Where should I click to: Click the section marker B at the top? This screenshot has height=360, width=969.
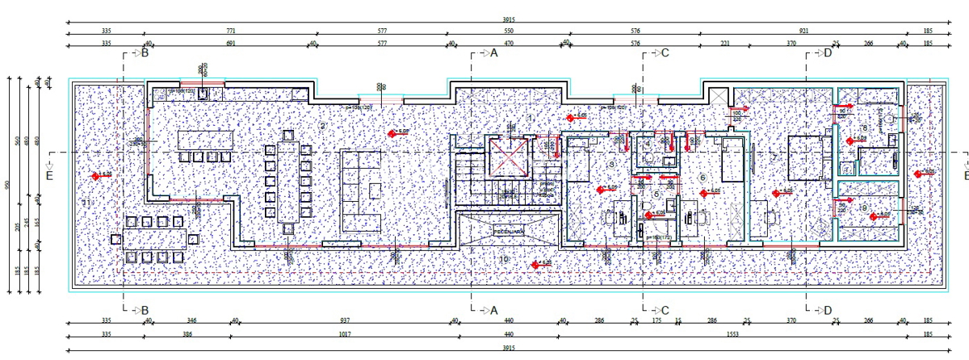pyautogui.click(x=145, y=54)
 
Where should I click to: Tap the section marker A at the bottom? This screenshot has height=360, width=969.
pyautogui.click(x=493, y=310)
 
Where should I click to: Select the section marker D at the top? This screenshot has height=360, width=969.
pyautogui.click(x=826, y=54)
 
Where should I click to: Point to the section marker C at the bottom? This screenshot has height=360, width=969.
pyautogui.click(x=664, y=310)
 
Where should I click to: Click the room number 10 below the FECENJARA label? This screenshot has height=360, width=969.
pyautogui.click(x=504, y=259)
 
